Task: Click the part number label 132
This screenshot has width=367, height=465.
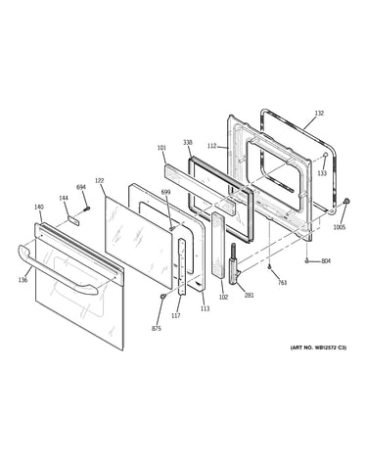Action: pyautogui.click(x=319, y=114)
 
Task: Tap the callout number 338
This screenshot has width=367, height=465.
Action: pyautogui.click(x=188, y=143)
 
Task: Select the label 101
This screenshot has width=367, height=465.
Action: pyautogui.click(x=161, y=148)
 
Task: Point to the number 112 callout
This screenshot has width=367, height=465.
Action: pyautogui.click(x=211, y=146)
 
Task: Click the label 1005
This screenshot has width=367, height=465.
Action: pyautogui.click(x=339, y=227)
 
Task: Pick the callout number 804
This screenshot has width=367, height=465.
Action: pyautogui.click(x=326, y=261)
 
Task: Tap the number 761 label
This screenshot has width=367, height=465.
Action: pyautogui.click(x=282, y=283)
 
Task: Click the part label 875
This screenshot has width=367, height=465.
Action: pyautogui.click(x=157, y=329)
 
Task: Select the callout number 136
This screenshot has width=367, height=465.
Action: pyautogui.click(x=23, y=280)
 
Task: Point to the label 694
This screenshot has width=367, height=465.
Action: pyautogui.click(x=81, y=187)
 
